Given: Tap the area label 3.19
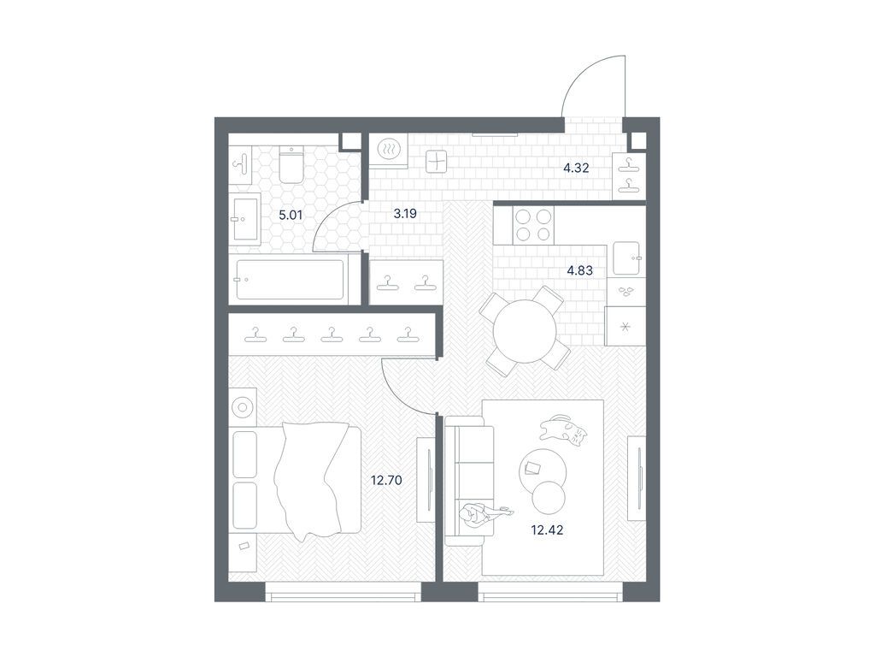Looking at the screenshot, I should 405,214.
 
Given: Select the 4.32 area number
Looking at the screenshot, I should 576,169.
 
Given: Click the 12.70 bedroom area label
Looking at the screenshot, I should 386,480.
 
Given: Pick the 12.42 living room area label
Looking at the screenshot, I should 546,530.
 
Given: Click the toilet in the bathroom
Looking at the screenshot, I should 291,164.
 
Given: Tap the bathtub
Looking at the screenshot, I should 290,279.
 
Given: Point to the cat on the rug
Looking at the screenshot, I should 565,429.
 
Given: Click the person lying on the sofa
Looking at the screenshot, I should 481,514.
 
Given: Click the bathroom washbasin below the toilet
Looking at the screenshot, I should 245,219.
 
